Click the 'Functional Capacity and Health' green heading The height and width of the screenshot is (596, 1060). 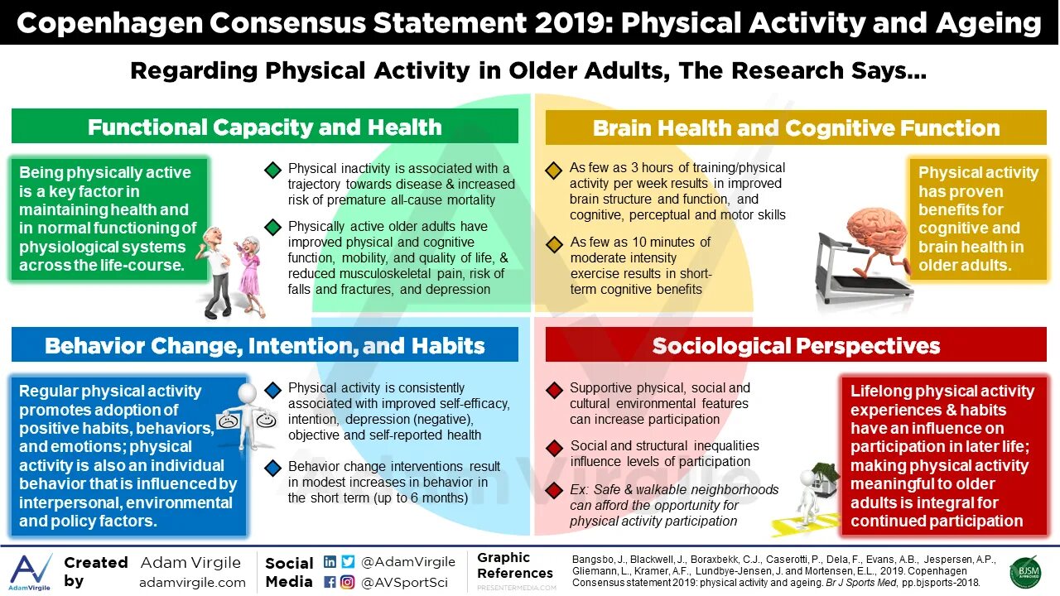pos(265,127)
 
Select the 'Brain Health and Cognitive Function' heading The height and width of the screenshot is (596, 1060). pos(796,128)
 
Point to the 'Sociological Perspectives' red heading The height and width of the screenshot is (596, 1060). pos(796,345)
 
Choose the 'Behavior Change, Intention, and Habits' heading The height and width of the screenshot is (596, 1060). pos(265,345)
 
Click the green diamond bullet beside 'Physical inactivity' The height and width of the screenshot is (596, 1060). pos(272,171)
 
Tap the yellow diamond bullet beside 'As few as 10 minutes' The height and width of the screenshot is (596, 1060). pos(554,245)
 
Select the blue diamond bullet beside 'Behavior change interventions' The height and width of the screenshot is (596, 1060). pos(272,469)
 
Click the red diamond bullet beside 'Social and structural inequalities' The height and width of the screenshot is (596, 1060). pos(554,449)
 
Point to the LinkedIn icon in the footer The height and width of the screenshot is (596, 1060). pos(330,561)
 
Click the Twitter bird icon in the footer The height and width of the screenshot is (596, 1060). pos(348,561)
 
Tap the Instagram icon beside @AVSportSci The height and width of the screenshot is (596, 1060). pos(348,582)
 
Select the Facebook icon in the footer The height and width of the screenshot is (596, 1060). pos(330,582)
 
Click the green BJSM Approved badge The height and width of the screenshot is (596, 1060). pos(1025,572)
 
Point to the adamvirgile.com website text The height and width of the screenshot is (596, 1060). pos(192,582)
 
